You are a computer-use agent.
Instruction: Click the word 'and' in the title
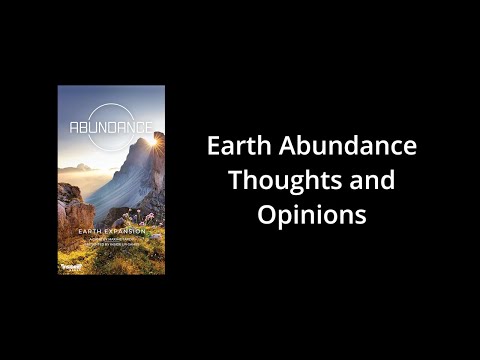[372, 182]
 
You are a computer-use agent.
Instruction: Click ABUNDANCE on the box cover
[112, 127]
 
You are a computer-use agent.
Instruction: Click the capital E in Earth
[214, 146]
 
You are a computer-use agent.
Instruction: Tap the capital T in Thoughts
[235, 182]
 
